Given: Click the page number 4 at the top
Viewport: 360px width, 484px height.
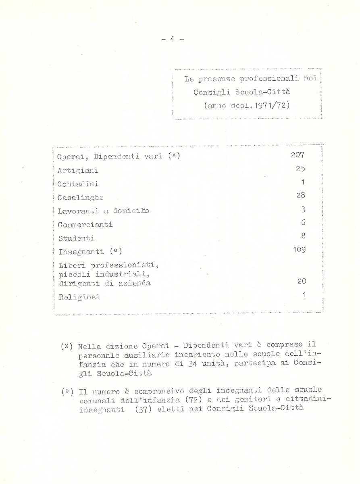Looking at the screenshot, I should click(x=172, y=39).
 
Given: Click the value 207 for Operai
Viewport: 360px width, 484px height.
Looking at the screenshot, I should click(x=298, y=155).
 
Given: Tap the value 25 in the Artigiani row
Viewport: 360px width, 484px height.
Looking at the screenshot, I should click(x=300, y=169).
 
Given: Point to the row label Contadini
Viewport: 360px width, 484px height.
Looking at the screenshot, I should click(x=78, y=184).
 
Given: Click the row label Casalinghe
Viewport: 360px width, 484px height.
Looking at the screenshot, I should click(x=80, y=198).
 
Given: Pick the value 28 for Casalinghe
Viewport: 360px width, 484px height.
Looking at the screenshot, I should click(x=300, y=195).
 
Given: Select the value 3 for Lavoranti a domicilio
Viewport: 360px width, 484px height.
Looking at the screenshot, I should click(x=303, y=209).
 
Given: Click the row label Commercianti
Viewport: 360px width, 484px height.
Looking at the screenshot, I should click(x=85, y=225).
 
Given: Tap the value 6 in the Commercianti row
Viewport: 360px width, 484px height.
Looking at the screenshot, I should click(x=303, y=222).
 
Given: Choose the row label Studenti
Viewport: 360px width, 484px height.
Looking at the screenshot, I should click(x=76, y=238).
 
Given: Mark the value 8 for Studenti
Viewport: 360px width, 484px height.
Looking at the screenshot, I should click(x=303, y=236).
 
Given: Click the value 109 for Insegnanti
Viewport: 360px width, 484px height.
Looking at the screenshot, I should click(x=299, y=250).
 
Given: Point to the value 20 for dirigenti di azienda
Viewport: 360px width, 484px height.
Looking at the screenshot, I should click(x=302, y=281).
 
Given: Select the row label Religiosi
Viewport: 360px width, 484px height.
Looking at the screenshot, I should click(x=79, y=297).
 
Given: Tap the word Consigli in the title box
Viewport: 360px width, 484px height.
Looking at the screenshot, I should click(x=210, y=92).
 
